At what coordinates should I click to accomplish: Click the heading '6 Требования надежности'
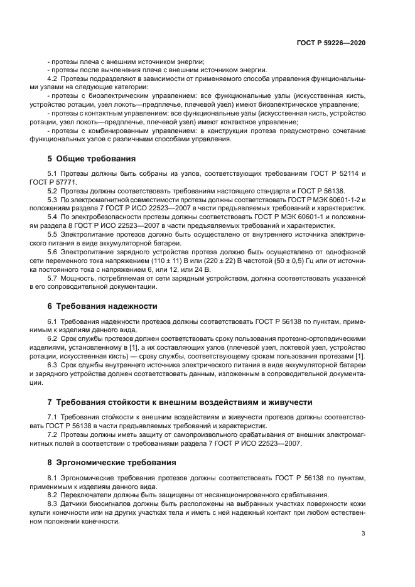pyautogui.click(x=102, y=306)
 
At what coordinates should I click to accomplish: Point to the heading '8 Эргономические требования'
pyautogui.click(x=112, y=462)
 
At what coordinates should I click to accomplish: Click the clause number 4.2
pyautogui.click(x=53, y=78)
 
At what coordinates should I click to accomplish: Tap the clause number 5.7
pyautogui.click(x=53, y=277)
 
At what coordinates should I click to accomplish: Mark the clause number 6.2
pyautogui.click(x=53, y=338)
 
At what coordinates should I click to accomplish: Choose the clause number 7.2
pyautogui.click(x=53, y=434)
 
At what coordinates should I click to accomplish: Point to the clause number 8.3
pyautogui.click(x=53, y=503)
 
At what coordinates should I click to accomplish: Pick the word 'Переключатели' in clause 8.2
pyautogui.click(x=85, y=494)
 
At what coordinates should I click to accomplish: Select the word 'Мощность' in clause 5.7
pyautogui.click(x=78, y=277)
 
